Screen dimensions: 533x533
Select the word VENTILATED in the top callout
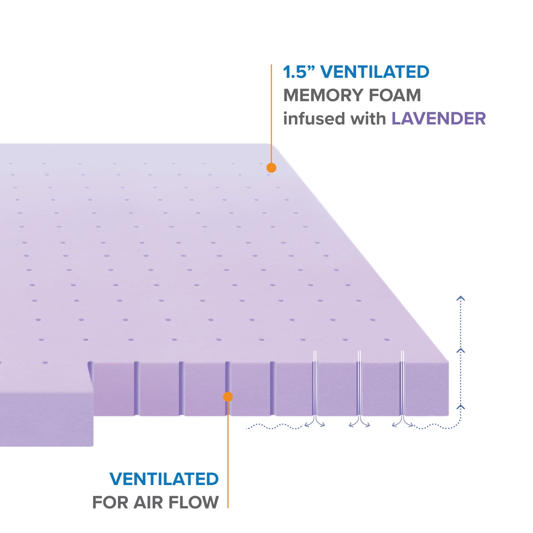click(375, 72)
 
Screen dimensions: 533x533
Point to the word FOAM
click(394, 95)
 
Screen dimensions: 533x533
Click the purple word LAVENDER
click(438, 119)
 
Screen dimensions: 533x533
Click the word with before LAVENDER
click(368, 119)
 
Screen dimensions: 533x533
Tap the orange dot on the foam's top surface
click(271, 168)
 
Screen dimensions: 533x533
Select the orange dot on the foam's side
click(228, 397)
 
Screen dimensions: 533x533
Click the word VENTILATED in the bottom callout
click(164, 479)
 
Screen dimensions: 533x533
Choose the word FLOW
click(194, 502)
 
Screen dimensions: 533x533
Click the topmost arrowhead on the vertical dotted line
click(461, 298)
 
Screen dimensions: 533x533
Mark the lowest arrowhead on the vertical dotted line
click(461, 407)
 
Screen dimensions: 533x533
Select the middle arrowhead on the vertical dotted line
click(461, 351)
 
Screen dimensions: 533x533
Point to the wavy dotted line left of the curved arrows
click(275, 426)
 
